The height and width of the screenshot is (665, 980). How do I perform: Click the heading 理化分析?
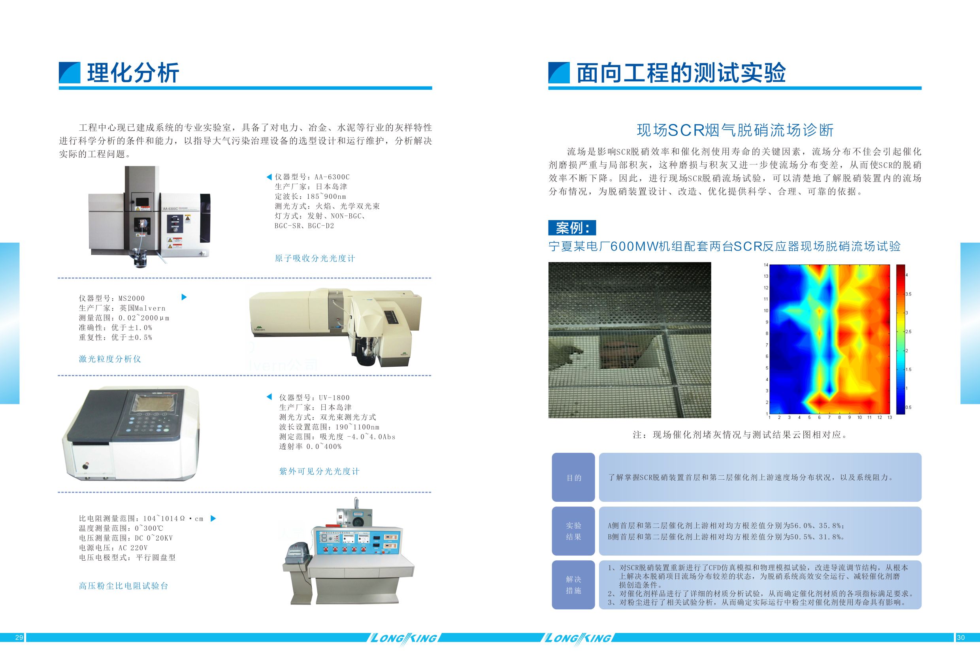click(133, 73)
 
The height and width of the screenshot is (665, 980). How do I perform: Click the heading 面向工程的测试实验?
click(681, 73)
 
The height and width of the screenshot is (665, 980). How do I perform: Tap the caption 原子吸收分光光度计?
click(315, 258)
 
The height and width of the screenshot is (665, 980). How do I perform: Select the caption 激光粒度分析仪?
click(110, 359)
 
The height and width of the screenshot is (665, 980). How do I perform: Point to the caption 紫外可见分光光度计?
click(319, 471)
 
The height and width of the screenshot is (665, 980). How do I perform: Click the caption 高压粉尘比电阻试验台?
click(124, 586)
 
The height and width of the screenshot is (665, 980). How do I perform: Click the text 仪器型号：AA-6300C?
click(312, 177)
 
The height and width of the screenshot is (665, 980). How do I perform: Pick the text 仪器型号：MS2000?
click(112, 298)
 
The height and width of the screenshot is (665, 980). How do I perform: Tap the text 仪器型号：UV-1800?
click(314, 397)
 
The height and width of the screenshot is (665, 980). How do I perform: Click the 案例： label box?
click(572, 228)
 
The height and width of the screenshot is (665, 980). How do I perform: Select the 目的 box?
click(573, 477)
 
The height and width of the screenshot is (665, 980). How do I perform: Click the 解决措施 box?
click(573, 585)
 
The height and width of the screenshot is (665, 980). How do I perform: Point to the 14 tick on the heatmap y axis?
click(766, 265)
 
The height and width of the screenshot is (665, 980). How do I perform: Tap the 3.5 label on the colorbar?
click(908, 294)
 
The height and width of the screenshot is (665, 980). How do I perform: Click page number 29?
click(19, 638)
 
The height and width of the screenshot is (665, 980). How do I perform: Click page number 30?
click(961, 638)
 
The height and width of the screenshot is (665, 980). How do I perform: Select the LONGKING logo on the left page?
click(403, 638)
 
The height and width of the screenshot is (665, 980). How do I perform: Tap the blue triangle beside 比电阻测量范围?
click(213, 518)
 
